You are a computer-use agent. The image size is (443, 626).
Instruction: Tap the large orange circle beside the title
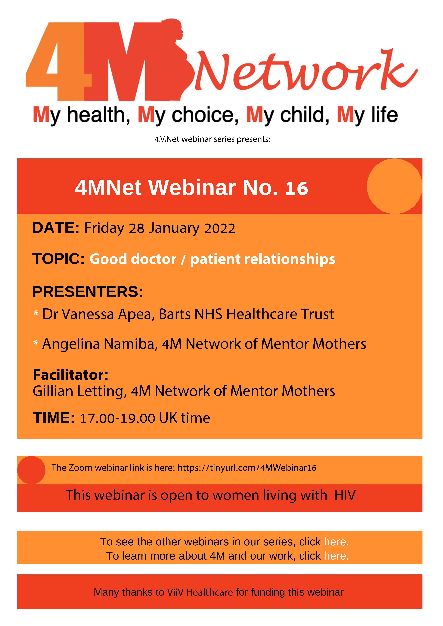[394, 186]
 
